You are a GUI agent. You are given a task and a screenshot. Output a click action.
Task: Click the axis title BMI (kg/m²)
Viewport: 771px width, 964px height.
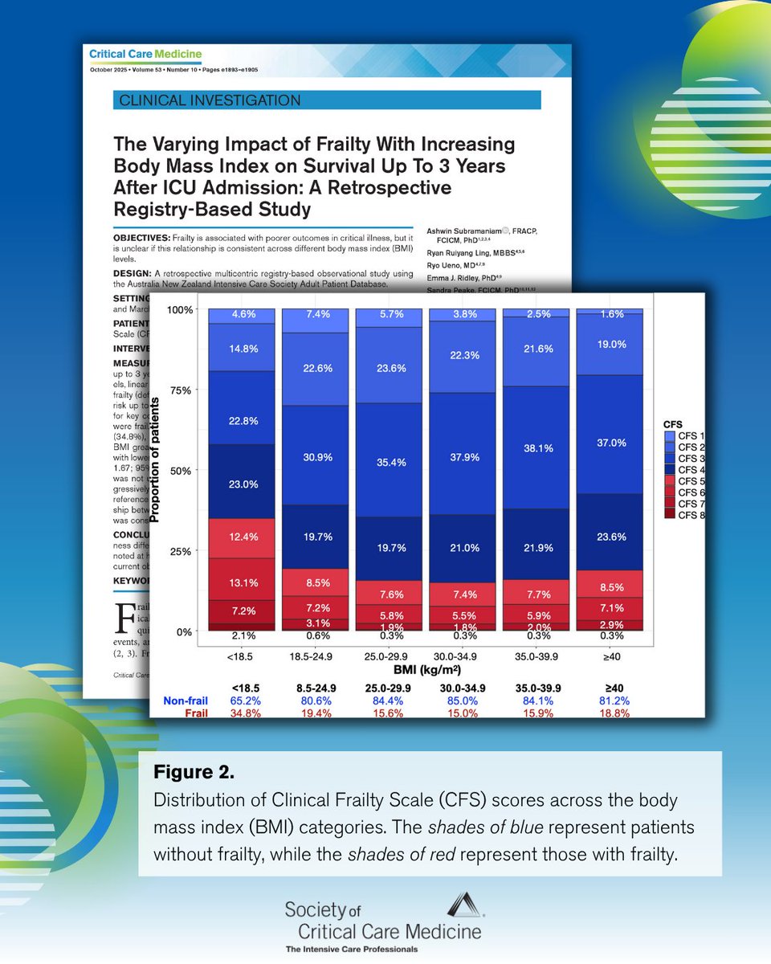(426, 669)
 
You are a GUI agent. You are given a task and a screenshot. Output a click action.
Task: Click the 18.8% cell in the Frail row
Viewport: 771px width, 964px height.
(611, 713)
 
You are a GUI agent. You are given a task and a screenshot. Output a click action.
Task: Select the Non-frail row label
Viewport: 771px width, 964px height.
(186, 701)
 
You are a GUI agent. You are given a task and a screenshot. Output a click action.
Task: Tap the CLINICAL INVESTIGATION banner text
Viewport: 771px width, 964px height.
(210, 100)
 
